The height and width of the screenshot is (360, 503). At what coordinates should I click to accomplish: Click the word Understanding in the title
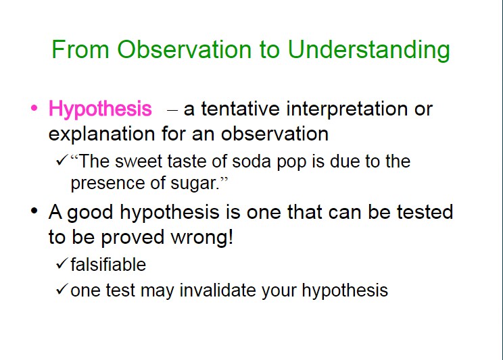[369, 51]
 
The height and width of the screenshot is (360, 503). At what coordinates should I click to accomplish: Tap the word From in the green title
[80, 49]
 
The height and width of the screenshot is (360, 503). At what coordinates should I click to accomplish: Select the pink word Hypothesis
[100, 109]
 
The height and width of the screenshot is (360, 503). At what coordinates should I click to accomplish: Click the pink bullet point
[34, 107]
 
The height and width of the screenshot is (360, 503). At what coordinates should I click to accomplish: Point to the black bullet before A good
[34, 211]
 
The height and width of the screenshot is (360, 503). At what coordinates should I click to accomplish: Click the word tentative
[240, 108]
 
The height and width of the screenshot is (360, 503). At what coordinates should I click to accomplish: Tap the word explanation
[101, 134]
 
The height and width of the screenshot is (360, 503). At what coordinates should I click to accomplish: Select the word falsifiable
[108, 265]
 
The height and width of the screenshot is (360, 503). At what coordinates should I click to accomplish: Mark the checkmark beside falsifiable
[62, 263]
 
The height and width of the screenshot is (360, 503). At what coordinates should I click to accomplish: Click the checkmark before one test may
[62, 289]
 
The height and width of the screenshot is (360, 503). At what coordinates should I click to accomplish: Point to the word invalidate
[218, 290]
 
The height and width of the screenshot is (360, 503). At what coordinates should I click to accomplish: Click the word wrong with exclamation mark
[201, 237]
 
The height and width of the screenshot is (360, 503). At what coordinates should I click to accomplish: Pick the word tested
[425, 212]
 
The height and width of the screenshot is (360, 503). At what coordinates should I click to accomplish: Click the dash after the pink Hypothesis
[172, 110]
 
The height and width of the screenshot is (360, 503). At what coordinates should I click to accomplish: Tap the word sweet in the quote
[139, 161]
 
